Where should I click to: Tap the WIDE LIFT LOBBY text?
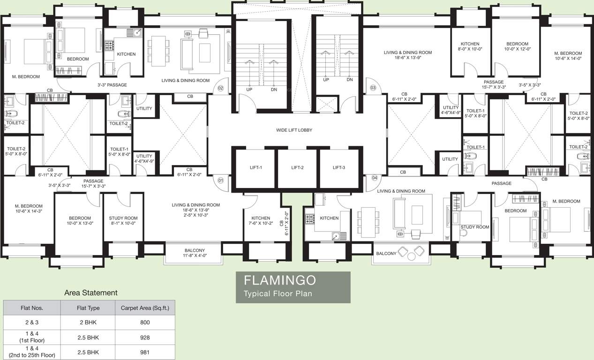(294, 130)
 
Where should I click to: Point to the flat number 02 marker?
(220, 88)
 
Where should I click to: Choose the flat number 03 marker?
(374, 88)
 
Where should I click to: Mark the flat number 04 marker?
(374, 178)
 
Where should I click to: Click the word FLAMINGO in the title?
(280, 281)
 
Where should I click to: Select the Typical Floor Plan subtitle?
(278, 294)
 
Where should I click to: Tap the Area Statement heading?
(91, 293)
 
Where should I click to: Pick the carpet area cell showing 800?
(145, 322)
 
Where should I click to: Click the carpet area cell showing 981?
(145, 352)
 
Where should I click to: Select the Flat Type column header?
(88, 308)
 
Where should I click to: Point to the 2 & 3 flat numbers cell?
(32, 322)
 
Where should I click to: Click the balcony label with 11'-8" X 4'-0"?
(195, 254)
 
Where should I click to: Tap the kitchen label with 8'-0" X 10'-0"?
(470, 46)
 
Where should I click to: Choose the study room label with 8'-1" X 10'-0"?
(123, 221)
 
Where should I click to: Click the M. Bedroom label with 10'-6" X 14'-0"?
(568, 56)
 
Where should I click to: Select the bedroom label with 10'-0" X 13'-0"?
(80, 221)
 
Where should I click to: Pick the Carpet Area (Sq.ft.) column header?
(145, 308)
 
